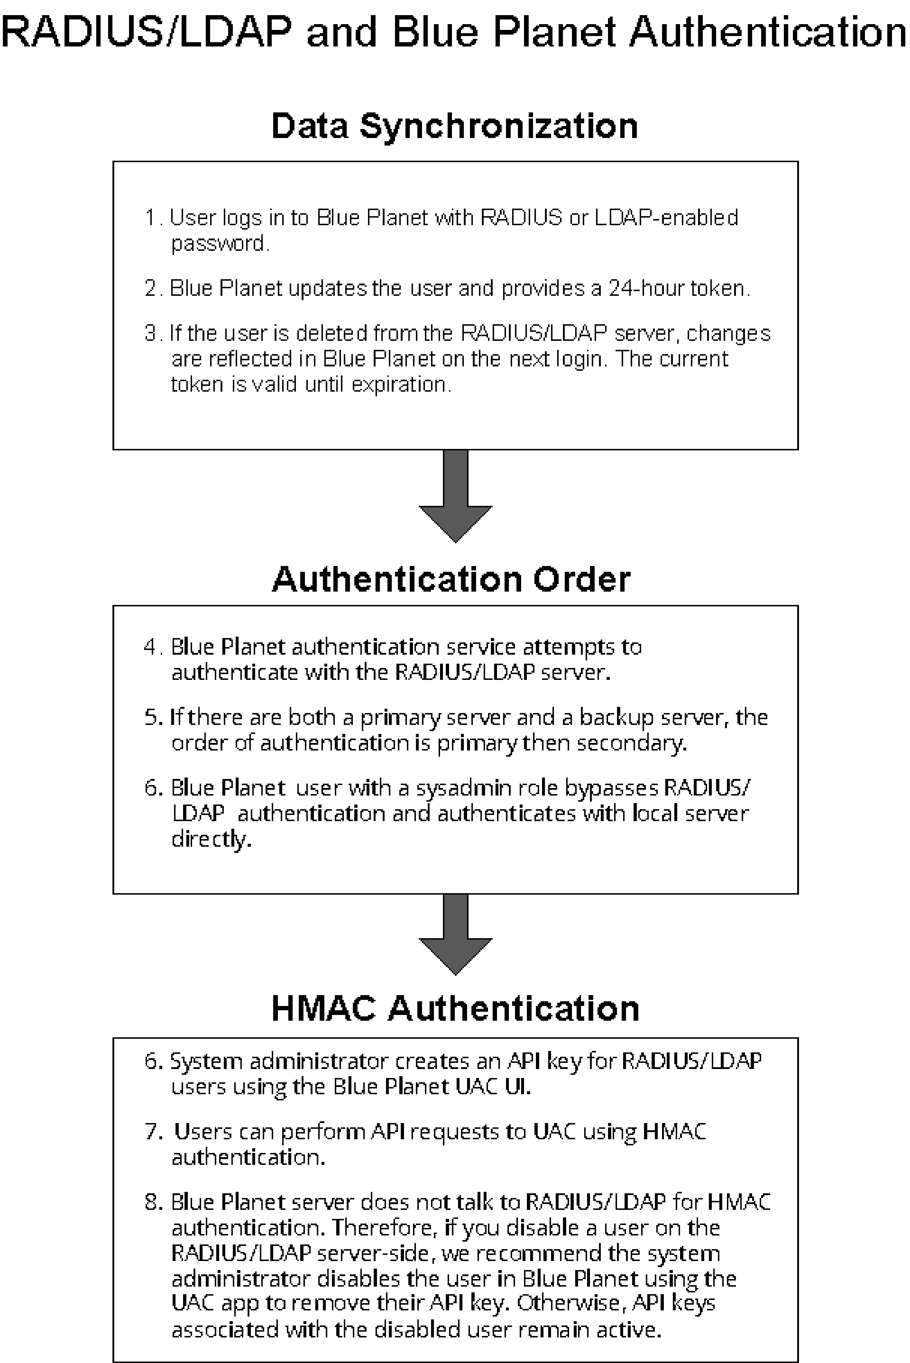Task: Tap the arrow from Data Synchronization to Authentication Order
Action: tap(456, 496)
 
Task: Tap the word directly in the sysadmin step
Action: tap(211, 839)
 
